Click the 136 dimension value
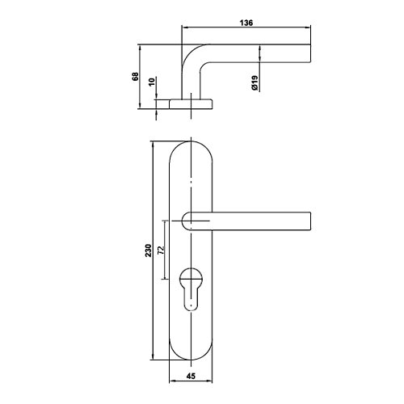246,23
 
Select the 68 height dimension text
135,77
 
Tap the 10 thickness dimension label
152,82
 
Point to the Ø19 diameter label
255,82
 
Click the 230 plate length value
149,250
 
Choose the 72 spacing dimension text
161,250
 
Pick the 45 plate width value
191,376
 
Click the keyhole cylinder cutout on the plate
191,288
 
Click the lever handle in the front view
246,221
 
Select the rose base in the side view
191,103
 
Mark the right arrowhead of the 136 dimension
308,27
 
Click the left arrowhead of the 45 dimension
172,381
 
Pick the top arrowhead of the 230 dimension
153,145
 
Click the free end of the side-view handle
310,53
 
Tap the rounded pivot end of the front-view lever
187,221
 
